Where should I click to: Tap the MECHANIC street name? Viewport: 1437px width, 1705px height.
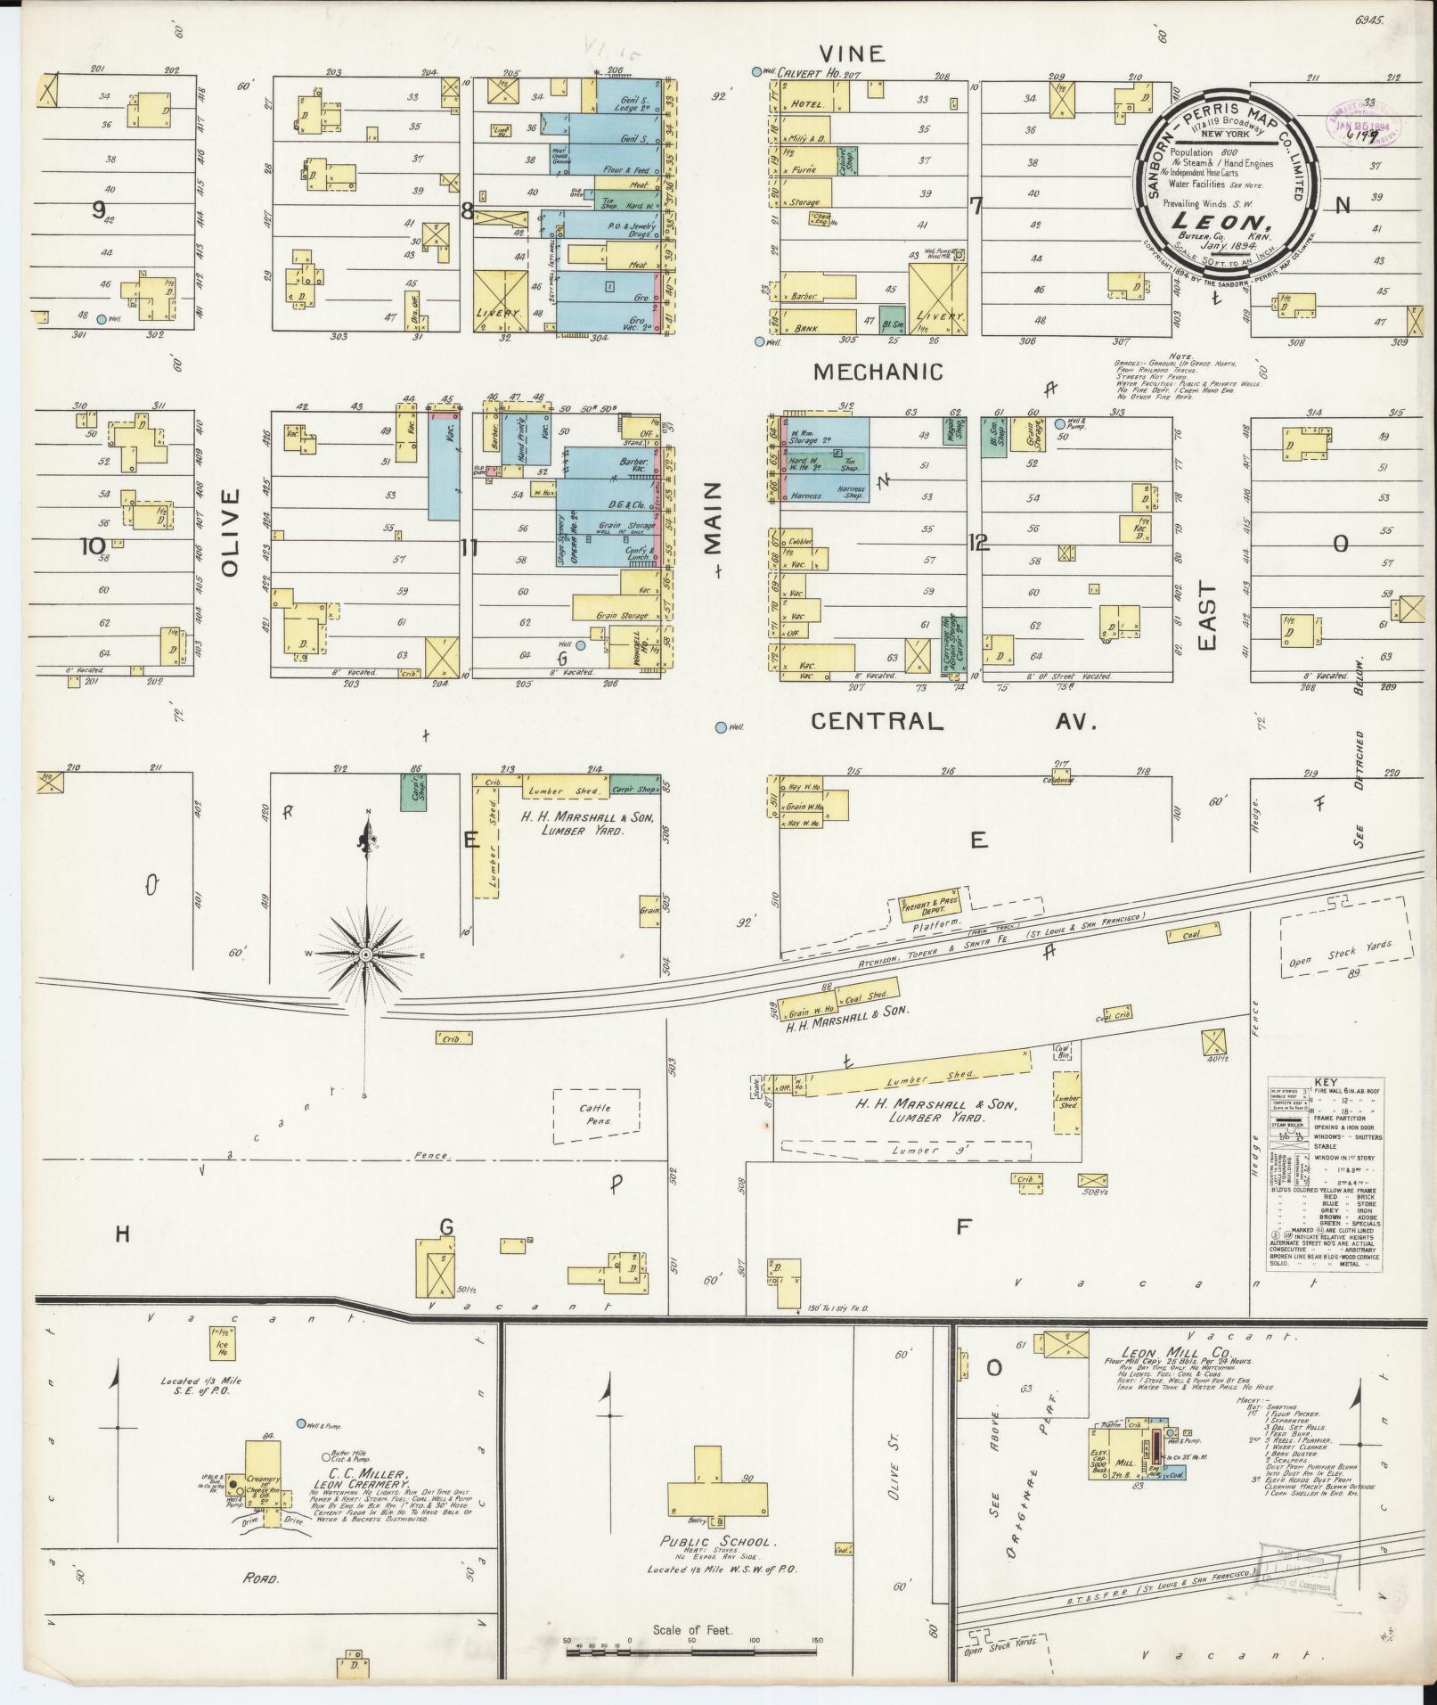(878, 372)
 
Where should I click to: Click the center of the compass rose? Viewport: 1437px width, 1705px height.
(365, 955)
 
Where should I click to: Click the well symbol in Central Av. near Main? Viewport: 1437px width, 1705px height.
(720, 727)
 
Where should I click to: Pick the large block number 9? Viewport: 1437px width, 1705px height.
(97, 210)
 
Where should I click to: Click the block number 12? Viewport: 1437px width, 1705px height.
(978, 542)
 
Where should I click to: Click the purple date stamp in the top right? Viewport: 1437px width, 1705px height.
(1360, 122)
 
